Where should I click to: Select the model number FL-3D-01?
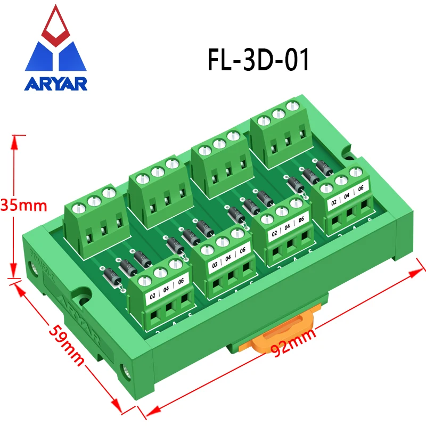[x=258, y=60]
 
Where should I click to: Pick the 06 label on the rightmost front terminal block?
[x=361, y=187]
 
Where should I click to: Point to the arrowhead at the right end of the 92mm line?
[x=417, y=272]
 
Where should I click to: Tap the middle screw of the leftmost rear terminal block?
[x=94, y=200]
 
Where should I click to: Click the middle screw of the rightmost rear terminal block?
[x=277, y=112]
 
